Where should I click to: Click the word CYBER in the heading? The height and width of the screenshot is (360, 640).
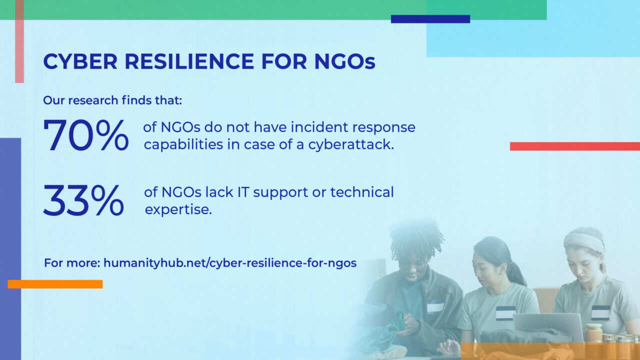click(x=80, y=61)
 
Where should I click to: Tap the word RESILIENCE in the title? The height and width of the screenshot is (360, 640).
click(x=189, y=61)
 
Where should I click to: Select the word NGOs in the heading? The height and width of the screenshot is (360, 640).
click(x=345, y=61)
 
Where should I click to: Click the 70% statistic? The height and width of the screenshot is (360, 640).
click(x=85, y=135)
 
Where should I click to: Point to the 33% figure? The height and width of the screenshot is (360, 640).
click(x=83, y=200)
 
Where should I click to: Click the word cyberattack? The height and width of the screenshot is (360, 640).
click(x=351, y=144)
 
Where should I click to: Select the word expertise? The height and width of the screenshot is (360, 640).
click(x=178, y=209)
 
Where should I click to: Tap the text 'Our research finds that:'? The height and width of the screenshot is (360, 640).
click(x=112, y=100)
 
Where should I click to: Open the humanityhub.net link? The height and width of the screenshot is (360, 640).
click(x=230, y=263)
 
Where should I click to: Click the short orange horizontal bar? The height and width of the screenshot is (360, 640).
click(x=55, y=284)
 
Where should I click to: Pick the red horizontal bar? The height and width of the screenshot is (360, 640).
click(x=575, y=146)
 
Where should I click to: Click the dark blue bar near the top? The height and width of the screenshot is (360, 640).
click(x=430, y=19)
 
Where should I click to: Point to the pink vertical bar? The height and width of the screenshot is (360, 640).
click(x=19, y=41)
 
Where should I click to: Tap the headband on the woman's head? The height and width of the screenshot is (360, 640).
click(x=583, y=242)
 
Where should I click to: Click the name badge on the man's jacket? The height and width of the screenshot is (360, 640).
click(x=435, y=307)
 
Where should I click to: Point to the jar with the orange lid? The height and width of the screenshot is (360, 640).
click(x=593, y=333)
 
